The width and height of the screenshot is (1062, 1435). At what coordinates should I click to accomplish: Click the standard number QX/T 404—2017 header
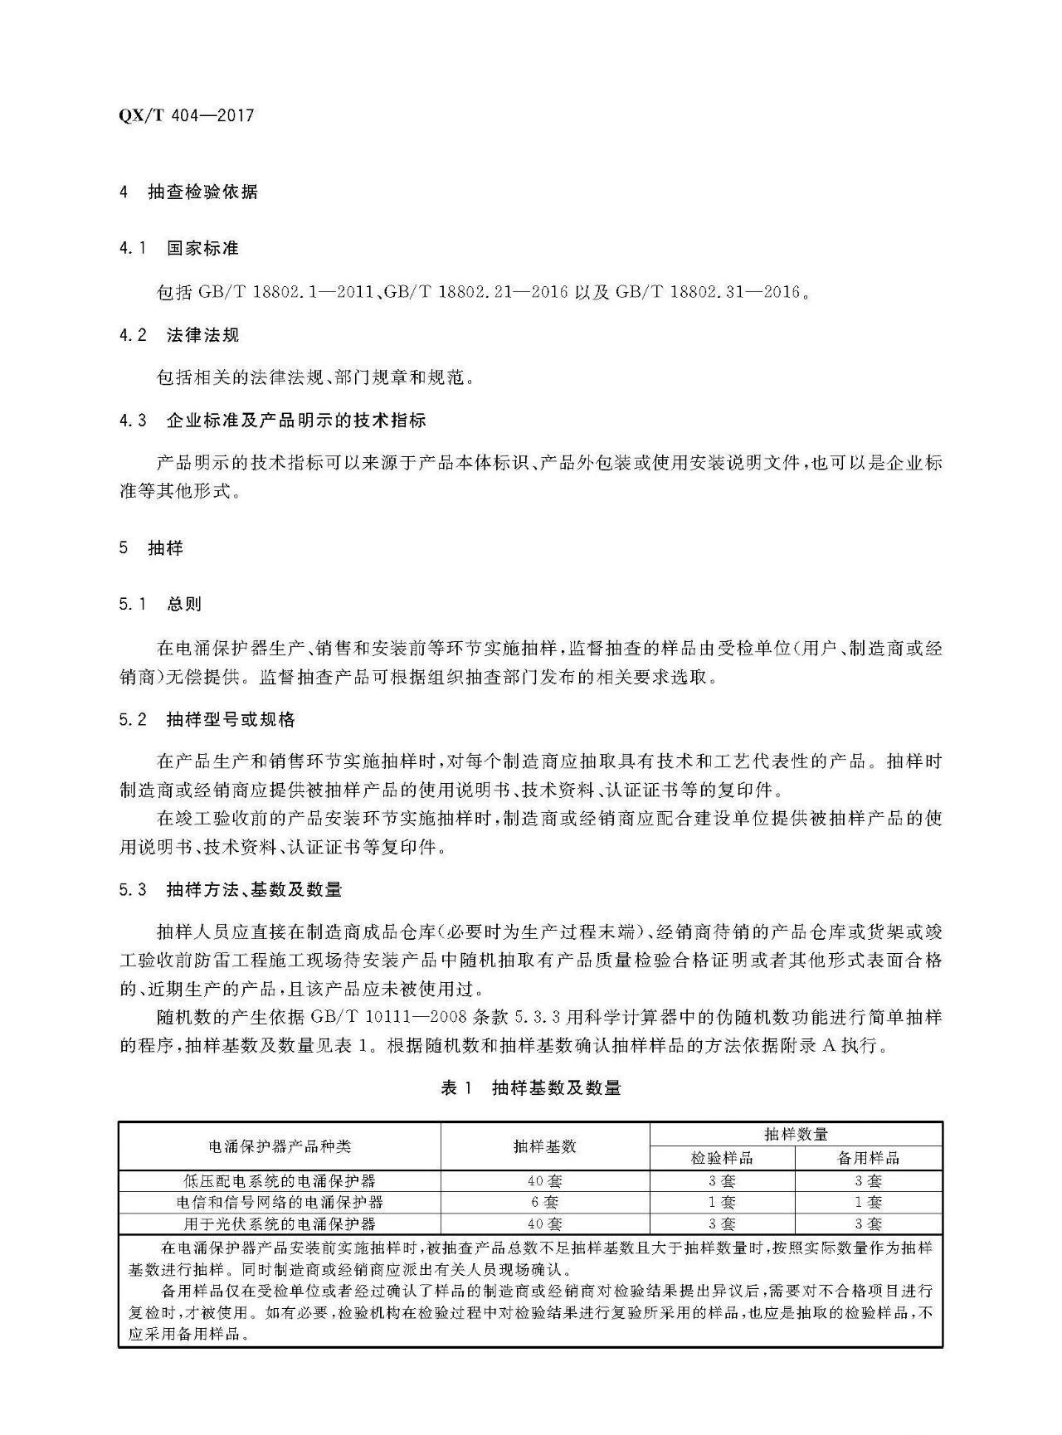point(187,115)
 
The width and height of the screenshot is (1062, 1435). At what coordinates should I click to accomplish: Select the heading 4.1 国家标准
point(178,248)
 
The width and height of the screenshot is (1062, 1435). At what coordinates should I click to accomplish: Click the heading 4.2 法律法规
point(178,335)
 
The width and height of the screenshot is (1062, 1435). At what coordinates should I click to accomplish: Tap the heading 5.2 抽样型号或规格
point(207,719)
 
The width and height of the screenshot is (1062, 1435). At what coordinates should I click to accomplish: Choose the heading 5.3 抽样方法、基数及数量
point(230,890)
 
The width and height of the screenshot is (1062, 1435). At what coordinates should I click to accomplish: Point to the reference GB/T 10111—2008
point(390,1017)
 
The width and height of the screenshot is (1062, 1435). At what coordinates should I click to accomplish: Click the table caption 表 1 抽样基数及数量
point(530,1087)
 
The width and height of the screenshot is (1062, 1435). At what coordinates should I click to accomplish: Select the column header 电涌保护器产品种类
point(280,1146)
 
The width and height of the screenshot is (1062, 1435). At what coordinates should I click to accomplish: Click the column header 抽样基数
point(544,1146)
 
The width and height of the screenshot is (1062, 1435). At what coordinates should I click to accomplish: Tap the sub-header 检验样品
point(722,1158)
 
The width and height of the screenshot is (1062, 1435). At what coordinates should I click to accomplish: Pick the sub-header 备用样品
point(868,1158)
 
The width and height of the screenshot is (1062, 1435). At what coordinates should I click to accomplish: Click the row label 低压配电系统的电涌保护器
point(280,1180)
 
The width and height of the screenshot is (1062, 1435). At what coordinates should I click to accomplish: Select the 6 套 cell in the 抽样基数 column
point(544,1202)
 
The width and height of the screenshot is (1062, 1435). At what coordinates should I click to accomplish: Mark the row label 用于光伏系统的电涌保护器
point(280,1223)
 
